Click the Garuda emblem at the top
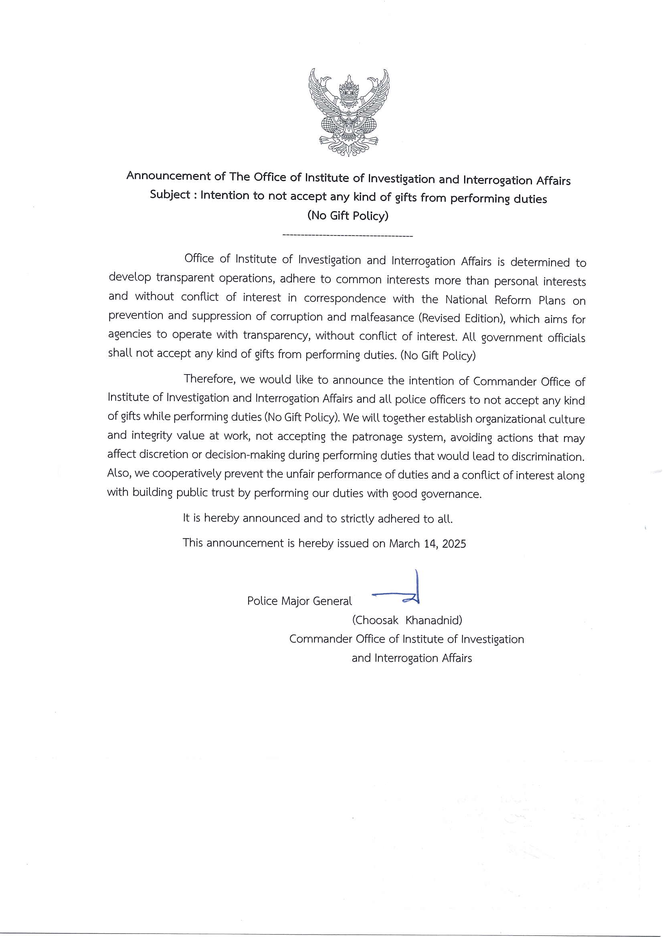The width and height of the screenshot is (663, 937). coord(349,112)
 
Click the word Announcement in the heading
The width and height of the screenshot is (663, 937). coord(169,176)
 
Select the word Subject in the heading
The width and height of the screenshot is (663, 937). coord(170,195)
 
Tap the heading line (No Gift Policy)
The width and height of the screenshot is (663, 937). coord(348,216)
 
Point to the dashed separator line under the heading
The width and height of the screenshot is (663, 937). coord(348,236)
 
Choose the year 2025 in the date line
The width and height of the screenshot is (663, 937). coord(454,544)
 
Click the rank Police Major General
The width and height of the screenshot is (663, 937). coord(299,601)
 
